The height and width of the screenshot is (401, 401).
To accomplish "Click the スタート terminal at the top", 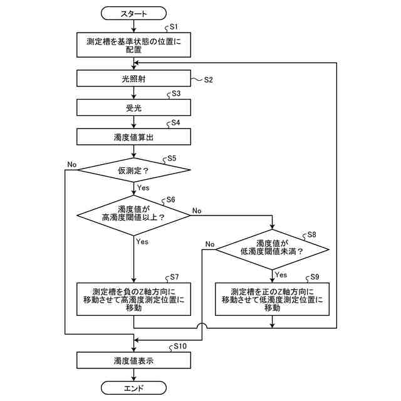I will click(133, 13).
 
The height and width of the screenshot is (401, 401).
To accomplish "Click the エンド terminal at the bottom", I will click(133, 388).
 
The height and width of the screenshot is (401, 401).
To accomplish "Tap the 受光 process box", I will click(133, 107).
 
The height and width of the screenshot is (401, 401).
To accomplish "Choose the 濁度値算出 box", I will click(133, 137).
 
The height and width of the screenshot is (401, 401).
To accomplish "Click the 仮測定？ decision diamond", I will click(133, 170).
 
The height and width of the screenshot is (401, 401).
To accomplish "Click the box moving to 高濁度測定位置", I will click(133, 299).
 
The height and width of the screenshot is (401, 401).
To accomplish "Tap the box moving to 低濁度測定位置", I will click(272, 299).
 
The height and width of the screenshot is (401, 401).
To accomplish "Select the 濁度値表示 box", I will click(133, 361).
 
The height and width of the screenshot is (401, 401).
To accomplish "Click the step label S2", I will click(208, 80).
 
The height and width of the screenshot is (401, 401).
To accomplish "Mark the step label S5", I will click(172, 159).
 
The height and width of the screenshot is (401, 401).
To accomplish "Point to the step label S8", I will click(311, 235).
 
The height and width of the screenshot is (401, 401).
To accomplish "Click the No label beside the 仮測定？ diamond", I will click(71, 164).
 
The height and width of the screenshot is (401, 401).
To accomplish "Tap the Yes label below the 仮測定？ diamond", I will click(143, 187).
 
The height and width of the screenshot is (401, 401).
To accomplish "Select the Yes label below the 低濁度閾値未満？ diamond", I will click(281, 274).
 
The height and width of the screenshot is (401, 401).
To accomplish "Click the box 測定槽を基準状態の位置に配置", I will click(133, 44).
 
